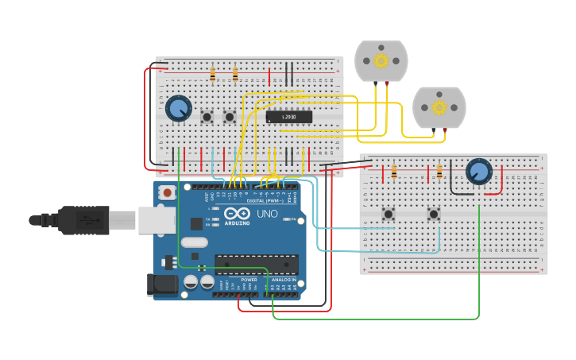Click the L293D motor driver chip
[288, 118]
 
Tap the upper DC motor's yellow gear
[381, 60]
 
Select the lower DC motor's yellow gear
[439, 107]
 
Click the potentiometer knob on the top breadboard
[179, 108]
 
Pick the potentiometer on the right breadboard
[478, 172]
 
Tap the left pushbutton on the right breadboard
[389, 214]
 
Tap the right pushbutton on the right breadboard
[434, 214]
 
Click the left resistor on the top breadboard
[212, 75]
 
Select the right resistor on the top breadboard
[235, 75]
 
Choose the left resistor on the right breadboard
[394, 172]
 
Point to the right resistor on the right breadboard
[439, 172]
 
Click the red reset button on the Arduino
[167, 192]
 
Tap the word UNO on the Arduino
[266, 215]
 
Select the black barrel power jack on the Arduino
[162, 285]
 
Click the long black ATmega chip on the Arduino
[257, 264]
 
